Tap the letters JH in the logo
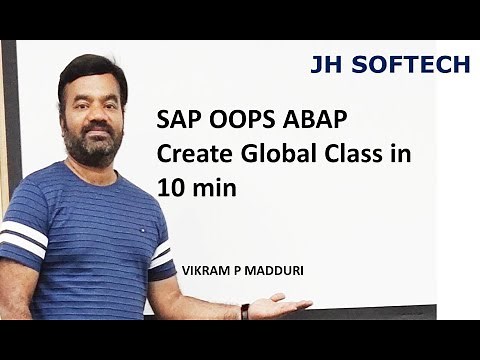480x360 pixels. click(327, 65)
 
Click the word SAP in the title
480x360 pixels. click(177, 121)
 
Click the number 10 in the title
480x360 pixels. click(168, 186)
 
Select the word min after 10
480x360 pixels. click(212, 186)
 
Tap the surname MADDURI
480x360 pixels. click(273, 270)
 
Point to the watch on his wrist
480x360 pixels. click(245, 311)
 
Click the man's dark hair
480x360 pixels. click(90, 70)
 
